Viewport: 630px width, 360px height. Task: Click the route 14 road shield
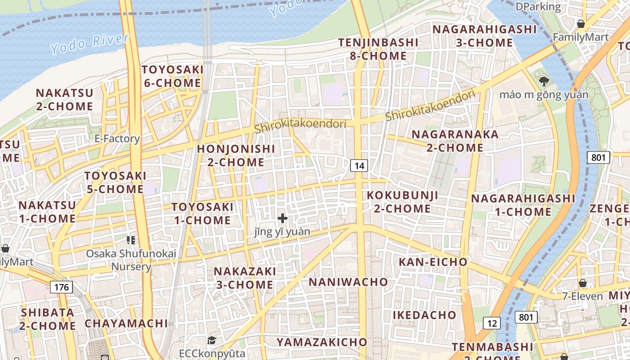[359, 166]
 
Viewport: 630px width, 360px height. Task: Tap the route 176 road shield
[61, 287]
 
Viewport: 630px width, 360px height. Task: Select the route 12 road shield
[492, 323]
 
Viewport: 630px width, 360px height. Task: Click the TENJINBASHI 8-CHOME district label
[378, 49]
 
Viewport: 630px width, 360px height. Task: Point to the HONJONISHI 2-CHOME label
[236, 155]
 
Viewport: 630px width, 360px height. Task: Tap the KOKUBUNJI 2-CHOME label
[402, 202]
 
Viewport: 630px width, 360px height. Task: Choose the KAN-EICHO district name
[433, 262]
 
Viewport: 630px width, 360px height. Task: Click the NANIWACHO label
[348, 282]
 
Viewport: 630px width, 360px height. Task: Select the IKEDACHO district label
[424, 315]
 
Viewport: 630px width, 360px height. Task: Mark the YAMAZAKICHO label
[322, 342]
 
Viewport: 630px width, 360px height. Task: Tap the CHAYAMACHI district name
[126, 324]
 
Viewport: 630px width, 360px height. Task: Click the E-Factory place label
[117, 139]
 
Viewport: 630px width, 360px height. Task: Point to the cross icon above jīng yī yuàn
[283, 218]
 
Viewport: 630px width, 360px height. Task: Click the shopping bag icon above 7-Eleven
[583, 283]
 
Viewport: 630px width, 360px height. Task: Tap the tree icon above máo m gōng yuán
[544, 81]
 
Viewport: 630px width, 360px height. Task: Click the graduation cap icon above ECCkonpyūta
[212, 340]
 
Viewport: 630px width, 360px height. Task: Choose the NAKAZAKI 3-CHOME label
[244, 278]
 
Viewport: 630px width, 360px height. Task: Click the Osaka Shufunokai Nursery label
[131, 260]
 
